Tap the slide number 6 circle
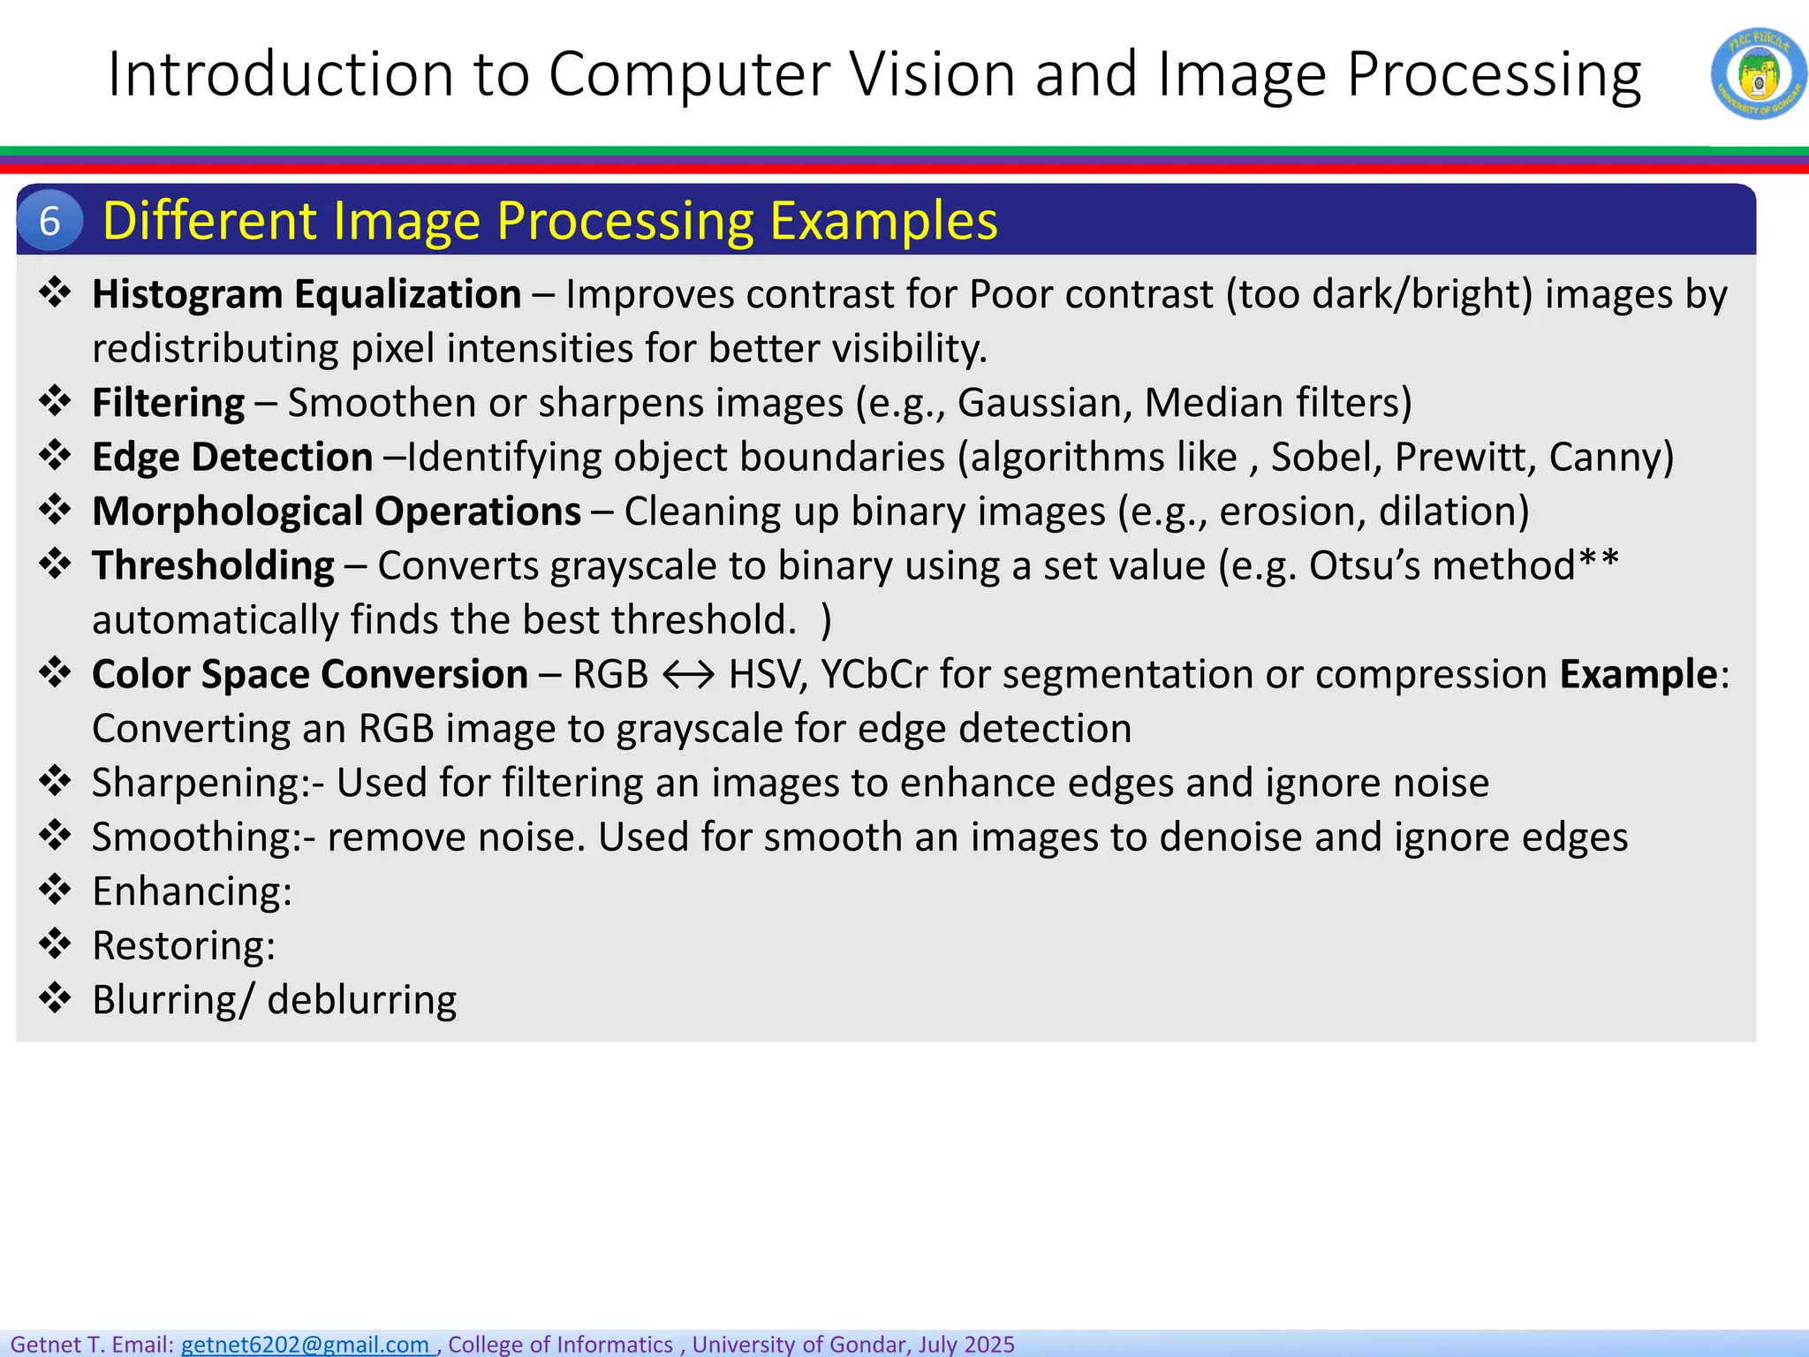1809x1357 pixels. (x=49, y=221)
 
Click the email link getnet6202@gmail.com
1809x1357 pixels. (x=305, y=1344)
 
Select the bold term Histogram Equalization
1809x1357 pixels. (x=307, y=294)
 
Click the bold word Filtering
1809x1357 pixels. (x=168, y=403)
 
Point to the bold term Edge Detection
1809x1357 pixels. (x=232, y=457)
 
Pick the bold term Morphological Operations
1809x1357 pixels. (x=337, y=512)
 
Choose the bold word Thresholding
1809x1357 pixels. (x=213, y=565)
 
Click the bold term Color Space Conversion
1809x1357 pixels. (x=310, y=674)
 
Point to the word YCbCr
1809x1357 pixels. (x=874, y=674)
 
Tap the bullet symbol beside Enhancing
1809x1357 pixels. (x=55, y=890)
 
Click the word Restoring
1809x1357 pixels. (x=183, y=945)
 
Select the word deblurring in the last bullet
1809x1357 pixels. (x=361, y=1000)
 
